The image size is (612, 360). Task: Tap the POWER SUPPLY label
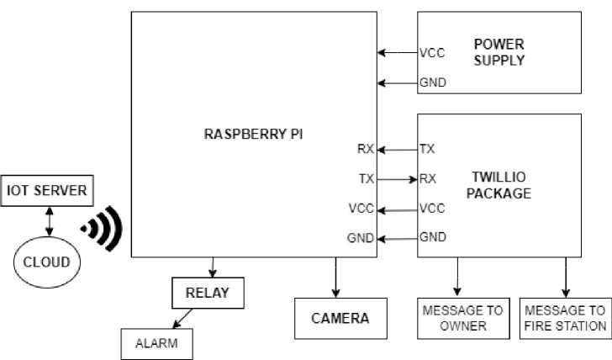(x=499, y=52)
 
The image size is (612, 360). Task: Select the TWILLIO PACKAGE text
(x=502, y=186)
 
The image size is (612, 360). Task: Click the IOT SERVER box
(x=46, y=191)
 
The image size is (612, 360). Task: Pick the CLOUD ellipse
(x=46, y=262)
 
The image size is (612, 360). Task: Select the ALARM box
(x=158, y=343)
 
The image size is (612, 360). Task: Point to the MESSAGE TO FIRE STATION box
(x=565, y=318)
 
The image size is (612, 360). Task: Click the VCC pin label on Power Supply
(x=432, y=53)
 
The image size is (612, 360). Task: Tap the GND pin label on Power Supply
(x=432, y=82)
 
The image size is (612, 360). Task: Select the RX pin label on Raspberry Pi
(x=365, y=150)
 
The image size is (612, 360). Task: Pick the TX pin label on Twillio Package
(x=428, y=150)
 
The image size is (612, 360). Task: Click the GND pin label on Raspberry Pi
(x=361, y=238)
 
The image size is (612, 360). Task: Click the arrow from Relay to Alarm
(x=182, y=320)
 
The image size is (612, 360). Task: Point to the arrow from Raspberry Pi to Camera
(x=336, y=276)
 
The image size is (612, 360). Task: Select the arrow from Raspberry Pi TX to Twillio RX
(x=397, y=179)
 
